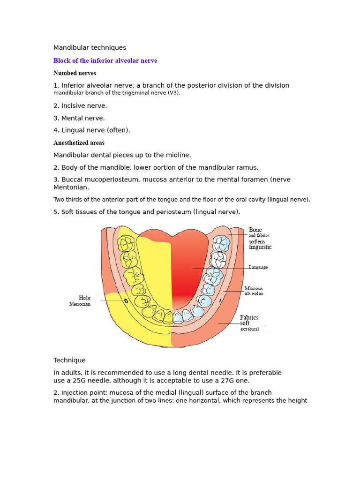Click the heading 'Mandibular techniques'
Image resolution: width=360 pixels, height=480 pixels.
[x=90, y=48]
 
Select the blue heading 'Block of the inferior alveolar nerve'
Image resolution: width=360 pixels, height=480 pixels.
[x=105, y=61]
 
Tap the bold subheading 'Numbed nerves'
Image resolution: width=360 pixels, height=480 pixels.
[x=75, y=73]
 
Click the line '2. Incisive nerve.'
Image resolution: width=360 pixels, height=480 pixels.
[x=80, y=106]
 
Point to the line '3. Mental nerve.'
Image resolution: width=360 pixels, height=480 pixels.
[x=79, y=118]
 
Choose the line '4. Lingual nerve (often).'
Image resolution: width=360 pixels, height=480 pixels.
[x=92, y=130]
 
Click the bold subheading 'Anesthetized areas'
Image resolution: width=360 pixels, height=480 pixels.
[x=79, y=143]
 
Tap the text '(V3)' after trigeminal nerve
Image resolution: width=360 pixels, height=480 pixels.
[x=174, y=93]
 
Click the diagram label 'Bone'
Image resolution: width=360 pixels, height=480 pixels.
[x=255, y=230]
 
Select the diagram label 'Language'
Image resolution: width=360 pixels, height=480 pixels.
[x=259, y=267]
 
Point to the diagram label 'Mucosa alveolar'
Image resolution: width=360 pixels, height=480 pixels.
[x=254, y=291]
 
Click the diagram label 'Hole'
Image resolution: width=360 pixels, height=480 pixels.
[x=85, y=298]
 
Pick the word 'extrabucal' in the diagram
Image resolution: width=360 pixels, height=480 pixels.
[x=250, y=330]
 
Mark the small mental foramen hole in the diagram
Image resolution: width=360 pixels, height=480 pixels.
[x=126, y=301]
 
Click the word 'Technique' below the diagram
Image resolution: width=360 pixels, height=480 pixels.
[x=69, y=360]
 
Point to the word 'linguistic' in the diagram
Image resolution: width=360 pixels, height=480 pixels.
[x=260, y=247]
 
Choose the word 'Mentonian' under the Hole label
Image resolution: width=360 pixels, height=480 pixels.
[x=80, y=304]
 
